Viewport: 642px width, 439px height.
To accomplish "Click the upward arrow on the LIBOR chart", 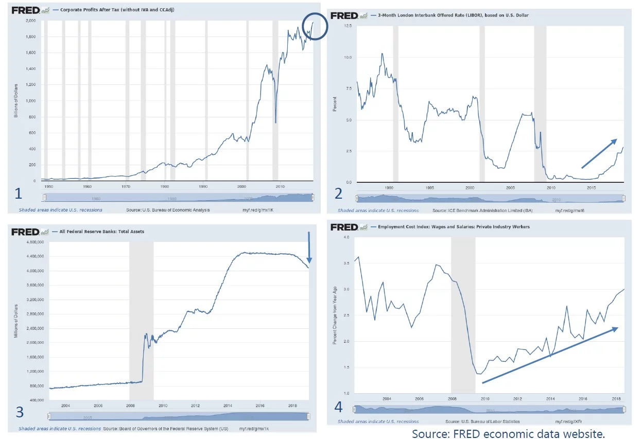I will tap(599, 153).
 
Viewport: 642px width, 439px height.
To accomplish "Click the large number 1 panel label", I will tap(19, 193).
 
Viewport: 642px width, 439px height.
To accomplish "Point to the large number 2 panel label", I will tap(338, 193).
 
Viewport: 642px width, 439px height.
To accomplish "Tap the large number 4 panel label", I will tap(338, 407).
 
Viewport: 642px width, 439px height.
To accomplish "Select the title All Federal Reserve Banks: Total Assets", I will tap(102, 232).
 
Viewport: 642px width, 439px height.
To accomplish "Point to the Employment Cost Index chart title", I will tap(454, 226).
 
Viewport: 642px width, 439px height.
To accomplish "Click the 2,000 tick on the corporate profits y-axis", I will tap(31, 21).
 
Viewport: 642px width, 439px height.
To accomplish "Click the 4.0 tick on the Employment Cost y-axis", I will tap(346, 237).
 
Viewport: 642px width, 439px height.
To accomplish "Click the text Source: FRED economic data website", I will tap(508, 433).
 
